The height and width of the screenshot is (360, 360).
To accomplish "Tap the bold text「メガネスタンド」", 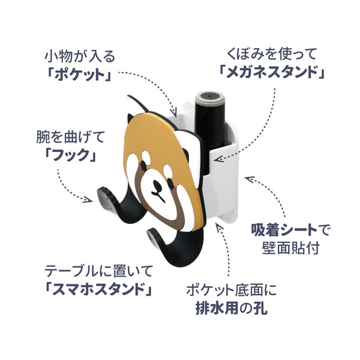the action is [272, 72].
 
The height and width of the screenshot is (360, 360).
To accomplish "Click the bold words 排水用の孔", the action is [232, 308].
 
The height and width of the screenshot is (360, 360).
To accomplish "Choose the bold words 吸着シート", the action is [284, 230].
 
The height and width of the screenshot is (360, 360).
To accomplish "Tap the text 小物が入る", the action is [80, 56].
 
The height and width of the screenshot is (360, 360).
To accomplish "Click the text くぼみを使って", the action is [272, 54].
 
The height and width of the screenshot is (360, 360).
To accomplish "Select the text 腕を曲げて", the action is [70, 137].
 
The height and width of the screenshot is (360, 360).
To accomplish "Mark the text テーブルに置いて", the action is [98, 271].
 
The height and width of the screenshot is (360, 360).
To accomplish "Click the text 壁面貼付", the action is [291, 248].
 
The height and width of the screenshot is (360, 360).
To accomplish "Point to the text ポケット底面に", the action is [232, 290].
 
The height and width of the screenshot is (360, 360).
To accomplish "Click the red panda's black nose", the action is [157, 184].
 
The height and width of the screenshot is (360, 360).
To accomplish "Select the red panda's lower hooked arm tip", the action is [152, 236].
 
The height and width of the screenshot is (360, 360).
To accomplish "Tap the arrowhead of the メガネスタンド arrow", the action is [217, 158].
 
